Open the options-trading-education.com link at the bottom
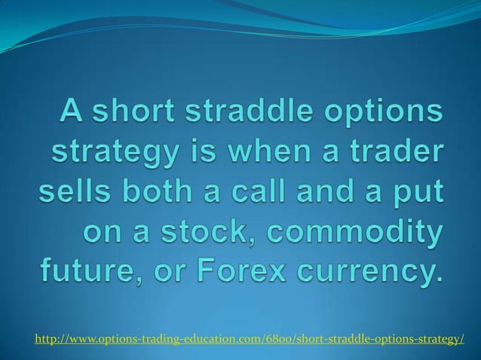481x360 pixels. [250, 340]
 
